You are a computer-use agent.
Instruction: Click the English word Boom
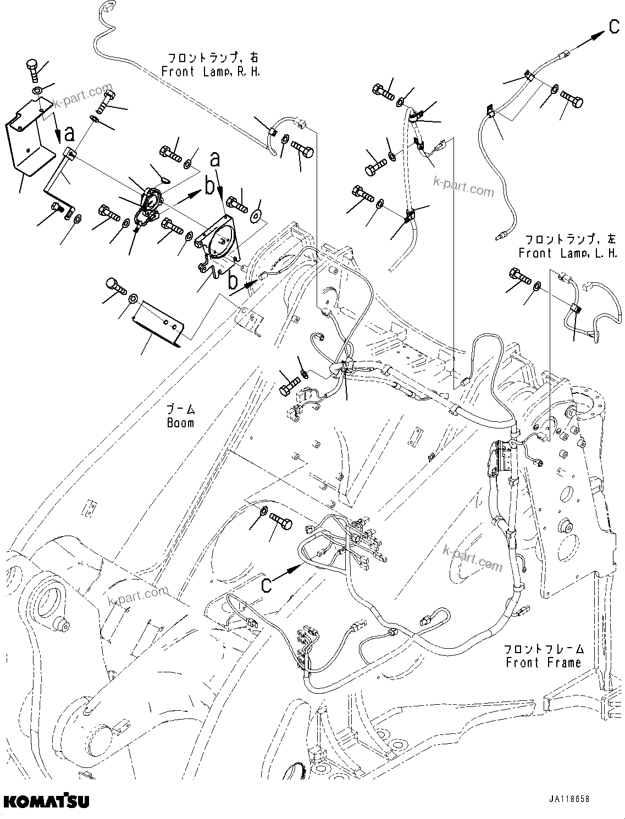pos(180,423)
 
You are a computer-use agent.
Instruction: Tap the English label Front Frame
pos(543,663)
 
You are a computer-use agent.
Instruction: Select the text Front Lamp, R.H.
pos(211,71)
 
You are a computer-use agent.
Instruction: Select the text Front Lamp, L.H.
pos(567,253)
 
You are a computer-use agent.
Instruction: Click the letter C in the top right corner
pos(614,26)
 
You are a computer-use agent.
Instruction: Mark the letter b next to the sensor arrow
pos(209,187)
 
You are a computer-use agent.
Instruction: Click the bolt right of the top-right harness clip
pos(572,101)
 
